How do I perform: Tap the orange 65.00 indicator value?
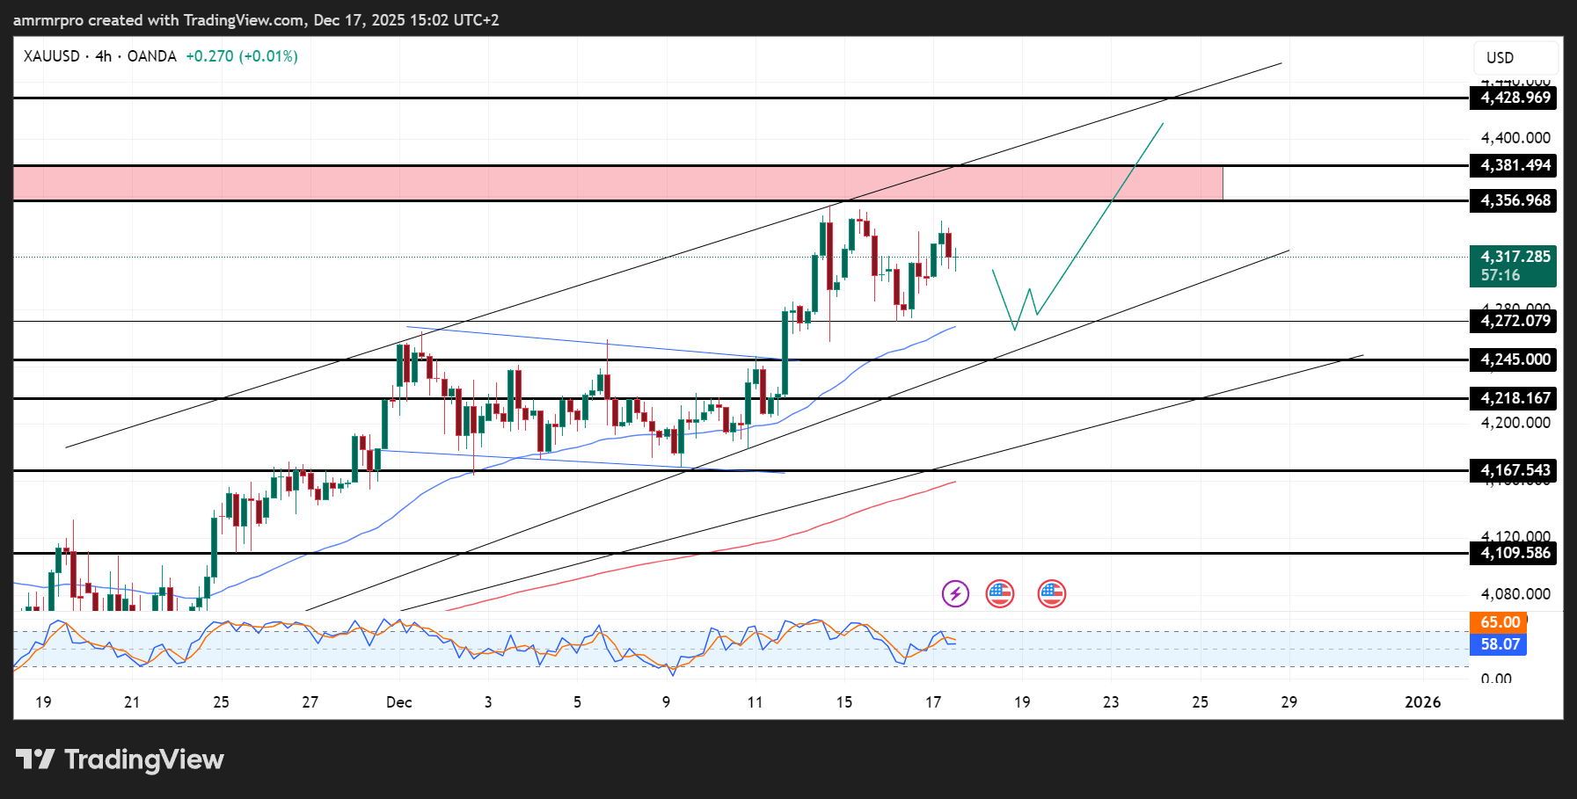tap(1499, 622)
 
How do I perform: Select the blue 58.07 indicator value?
tap(1499, 644)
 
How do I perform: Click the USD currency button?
tap(1515, 58)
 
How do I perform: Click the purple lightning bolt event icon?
tap(955, 594)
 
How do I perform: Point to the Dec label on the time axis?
tap(399, 702)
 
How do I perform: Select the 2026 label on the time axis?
tap(1422, 702)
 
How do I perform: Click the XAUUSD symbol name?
tap(52, 56)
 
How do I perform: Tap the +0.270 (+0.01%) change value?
tap(242, 56)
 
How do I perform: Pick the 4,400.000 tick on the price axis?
tap(1515, 138)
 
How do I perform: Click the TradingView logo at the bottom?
tap(120, 759)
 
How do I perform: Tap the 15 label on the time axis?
tap(844, 702)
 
